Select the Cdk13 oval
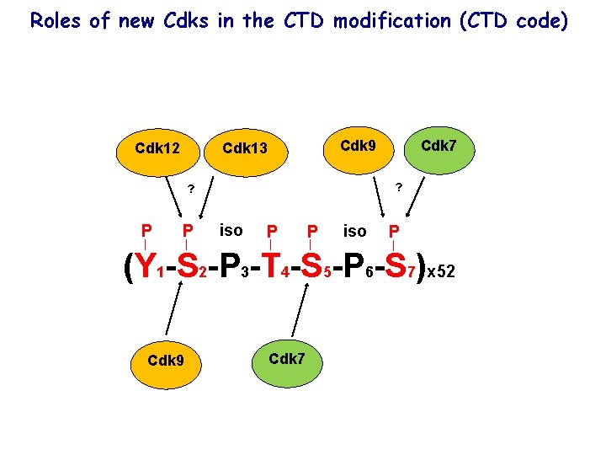point(245,149)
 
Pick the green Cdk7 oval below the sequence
point(287,359)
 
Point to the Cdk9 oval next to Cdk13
point(358,146)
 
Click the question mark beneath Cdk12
point(191,188)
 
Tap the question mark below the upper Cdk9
point(399,186)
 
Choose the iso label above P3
point(231,230)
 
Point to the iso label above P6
point(354,231)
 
